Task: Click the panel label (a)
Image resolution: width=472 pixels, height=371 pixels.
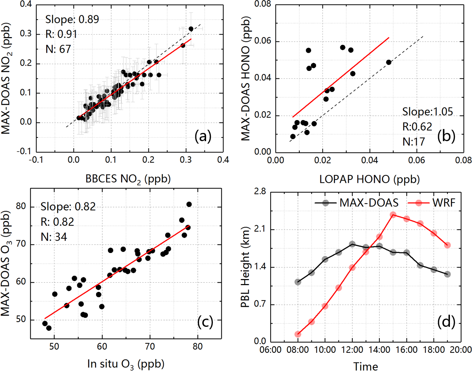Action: point(203,136)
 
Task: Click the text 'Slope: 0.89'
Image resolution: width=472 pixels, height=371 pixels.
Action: point(72,20)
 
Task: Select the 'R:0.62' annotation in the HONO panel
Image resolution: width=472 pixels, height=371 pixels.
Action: point(417,127)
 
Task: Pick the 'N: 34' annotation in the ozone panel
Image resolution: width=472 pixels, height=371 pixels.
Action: point(54,237)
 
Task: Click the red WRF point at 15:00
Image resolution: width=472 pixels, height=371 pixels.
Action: point(393,215)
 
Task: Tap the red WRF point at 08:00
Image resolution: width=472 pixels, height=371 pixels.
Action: point(298,334)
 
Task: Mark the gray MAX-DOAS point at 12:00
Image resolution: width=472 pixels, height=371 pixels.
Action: point(352,244)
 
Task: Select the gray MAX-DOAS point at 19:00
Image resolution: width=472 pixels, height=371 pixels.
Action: point(447,274)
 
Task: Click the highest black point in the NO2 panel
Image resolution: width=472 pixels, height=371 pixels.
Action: point(191,29)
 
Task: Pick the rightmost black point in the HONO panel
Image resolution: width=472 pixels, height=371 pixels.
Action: point(389,62)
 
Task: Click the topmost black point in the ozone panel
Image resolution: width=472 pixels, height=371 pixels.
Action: point(189,204)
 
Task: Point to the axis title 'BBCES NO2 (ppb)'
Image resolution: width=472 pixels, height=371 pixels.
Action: point(128,179)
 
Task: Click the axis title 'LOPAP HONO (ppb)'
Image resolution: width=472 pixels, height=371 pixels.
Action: point(369,179)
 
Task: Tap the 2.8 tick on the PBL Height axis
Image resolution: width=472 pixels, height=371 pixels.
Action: point(260,192)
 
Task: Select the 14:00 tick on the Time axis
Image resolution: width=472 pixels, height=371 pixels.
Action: point(379,350)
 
